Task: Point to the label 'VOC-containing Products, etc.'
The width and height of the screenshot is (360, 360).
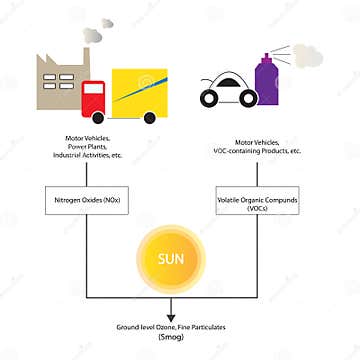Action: tap(258, 151)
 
